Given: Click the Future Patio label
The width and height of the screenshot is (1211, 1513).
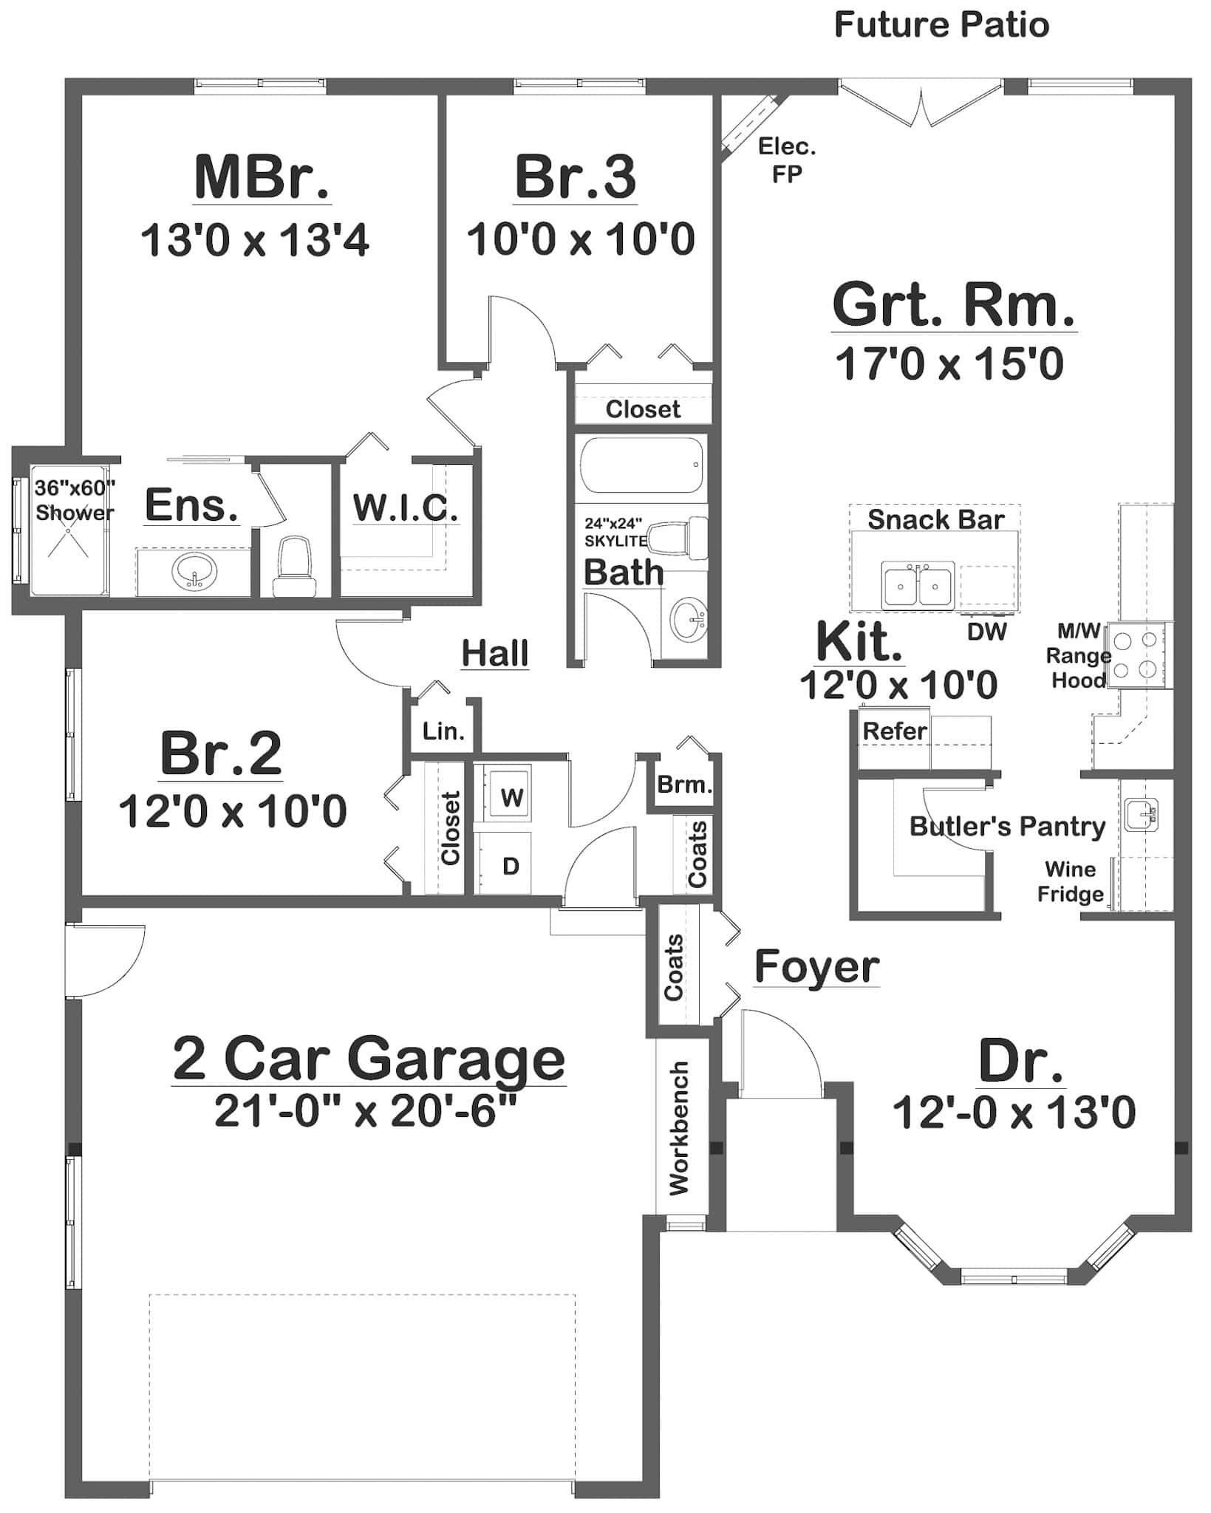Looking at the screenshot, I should [941, 25].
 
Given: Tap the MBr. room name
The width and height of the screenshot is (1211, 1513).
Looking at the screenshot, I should [262, 177].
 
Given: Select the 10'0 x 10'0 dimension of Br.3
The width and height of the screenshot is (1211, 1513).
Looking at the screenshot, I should [580, 239].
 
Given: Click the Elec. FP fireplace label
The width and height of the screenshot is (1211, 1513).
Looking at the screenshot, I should [787, 160].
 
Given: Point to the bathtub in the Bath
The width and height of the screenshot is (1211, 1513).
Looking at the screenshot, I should [641, 465].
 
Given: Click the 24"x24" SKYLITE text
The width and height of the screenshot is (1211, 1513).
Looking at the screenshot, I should [615, 532].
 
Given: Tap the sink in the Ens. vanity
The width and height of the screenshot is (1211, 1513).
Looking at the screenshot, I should [194, 571].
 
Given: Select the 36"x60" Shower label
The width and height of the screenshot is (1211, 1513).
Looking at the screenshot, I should [74, 500].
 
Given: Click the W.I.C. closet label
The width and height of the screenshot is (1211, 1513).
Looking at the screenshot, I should [406, 507].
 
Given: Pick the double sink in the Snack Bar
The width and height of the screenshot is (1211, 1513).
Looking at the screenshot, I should [917, 585].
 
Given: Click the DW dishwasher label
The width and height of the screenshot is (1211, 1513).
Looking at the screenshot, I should [986, 631].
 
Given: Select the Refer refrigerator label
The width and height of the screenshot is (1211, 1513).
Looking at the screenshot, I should [894, 731].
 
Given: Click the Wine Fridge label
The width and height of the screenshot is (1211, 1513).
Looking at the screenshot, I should [1070, 882].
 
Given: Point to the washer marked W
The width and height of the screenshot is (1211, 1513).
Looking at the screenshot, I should [511, 797].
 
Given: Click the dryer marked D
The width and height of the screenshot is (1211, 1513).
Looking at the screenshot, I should [511, 866].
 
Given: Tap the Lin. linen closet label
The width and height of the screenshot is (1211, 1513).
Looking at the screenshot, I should [443, 731].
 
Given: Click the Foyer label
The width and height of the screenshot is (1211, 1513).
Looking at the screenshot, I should [816, 967].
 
